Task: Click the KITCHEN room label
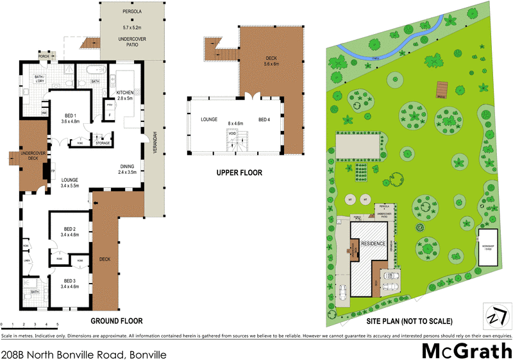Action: tap(124, 93)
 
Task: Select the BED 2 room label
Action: tap(70, 228)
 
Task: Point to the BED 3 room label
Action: tap(70, 280)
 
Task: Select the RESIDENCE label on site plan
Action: tap(373, 244)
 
